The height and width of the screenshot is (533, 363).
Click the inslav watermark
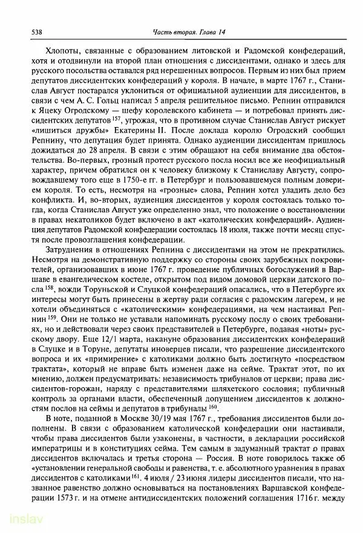[16, 521]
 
